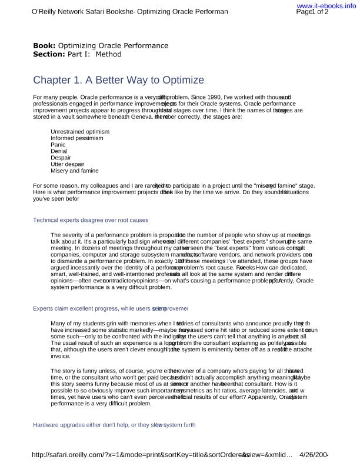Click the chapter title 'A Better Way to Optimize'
pos(118,80)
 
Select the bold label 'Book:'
pos(44,45)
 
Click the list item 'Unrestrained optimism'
pos(80,131)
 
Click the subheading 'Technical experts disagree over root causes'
pos(91,219)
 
